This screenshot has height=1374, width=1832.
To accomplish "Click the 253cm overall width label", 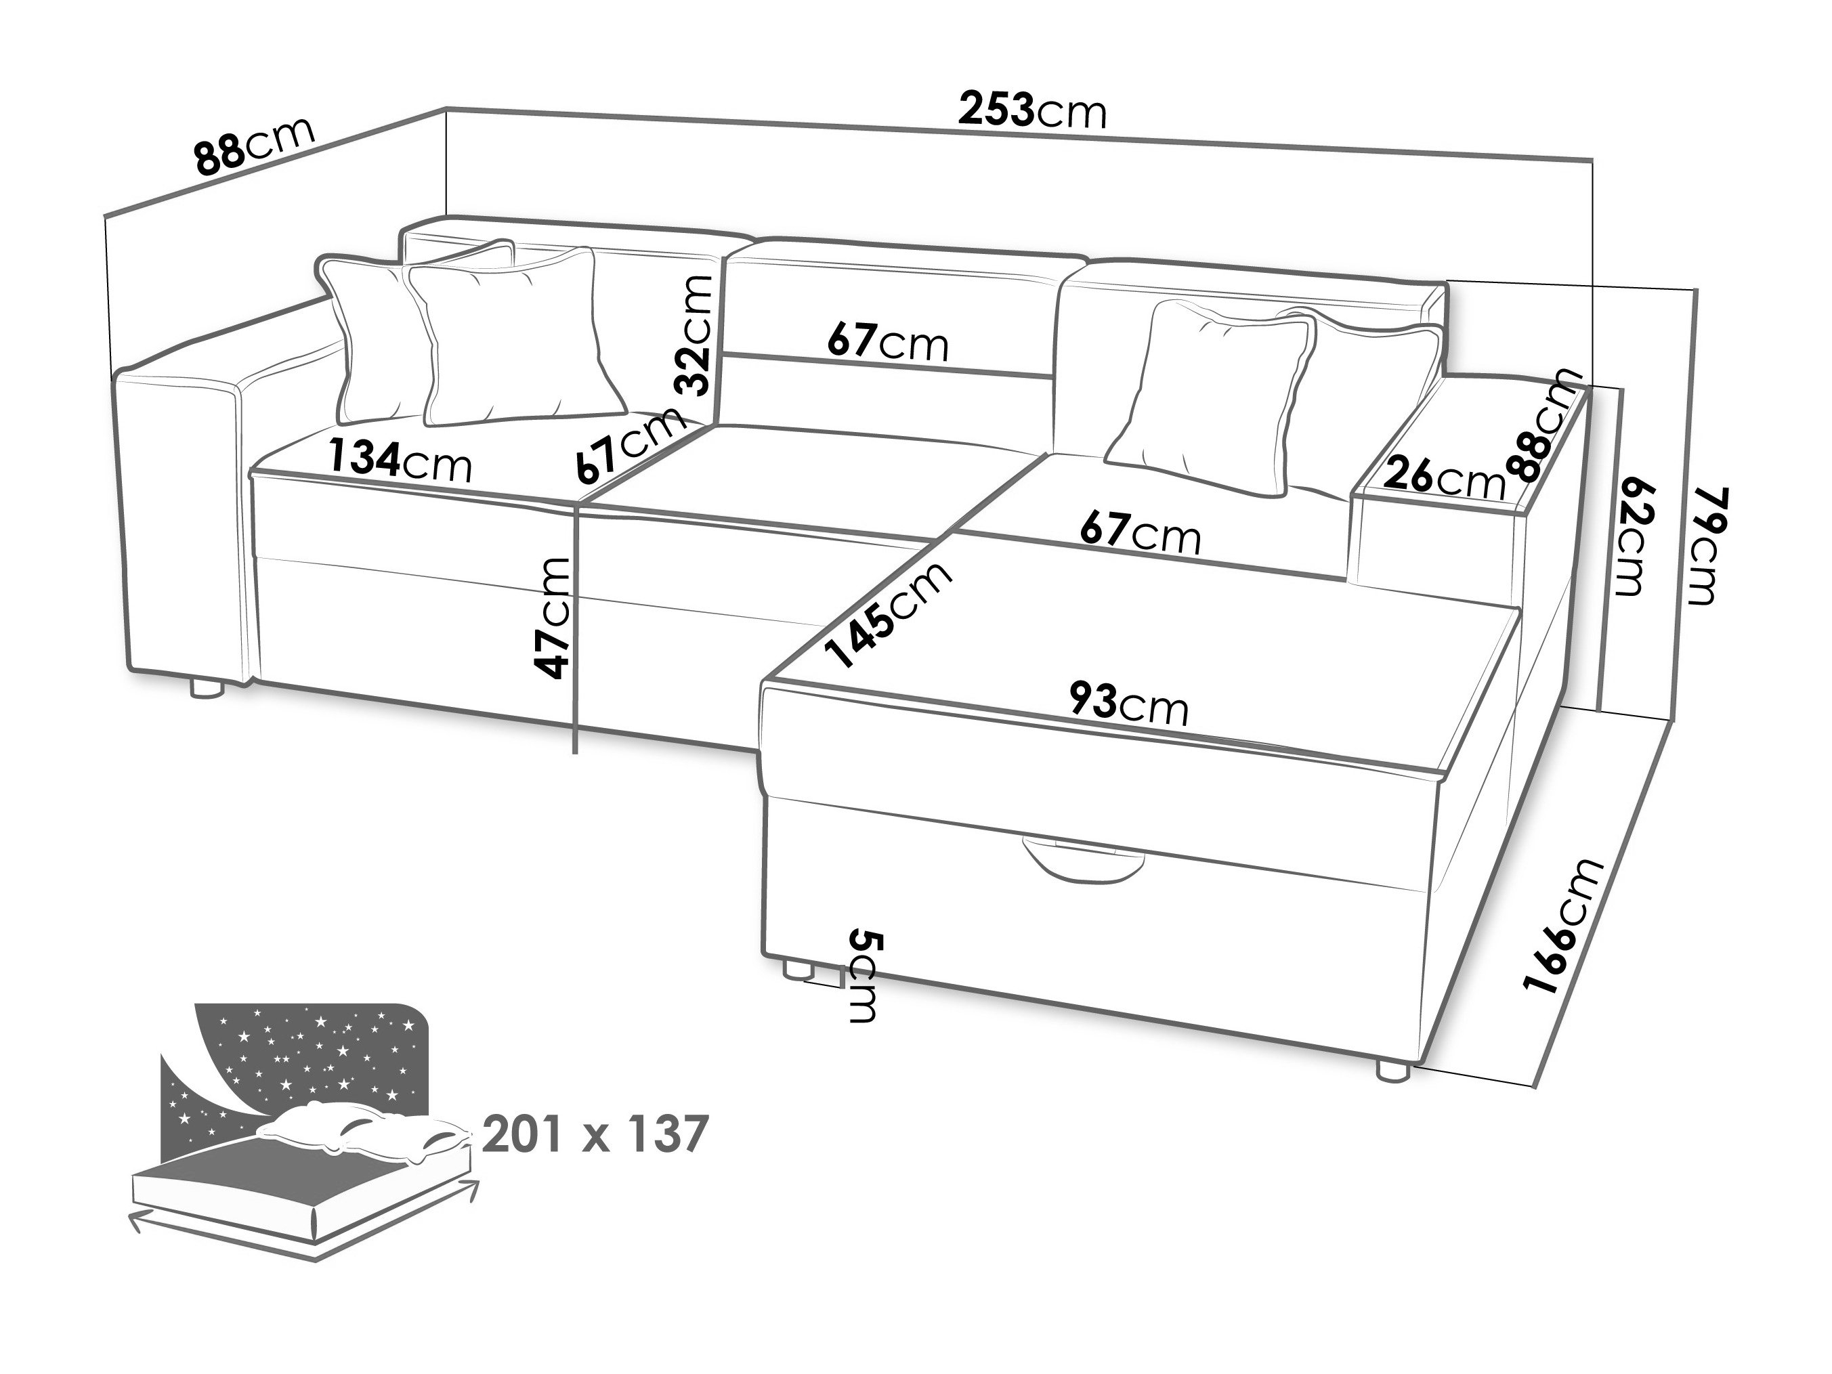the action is coord(1032,110).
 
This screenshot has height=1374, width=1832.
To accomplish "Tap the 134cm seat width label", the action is coord(400,460).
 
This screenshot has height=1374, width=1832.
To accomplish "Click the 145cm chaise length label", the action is coord(891,614).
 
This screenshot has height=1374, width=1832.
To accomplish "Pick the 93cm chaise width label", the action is coord(1128,703).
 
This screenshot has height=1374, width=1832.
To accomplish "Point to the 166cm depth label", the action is coord(1564,926).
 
